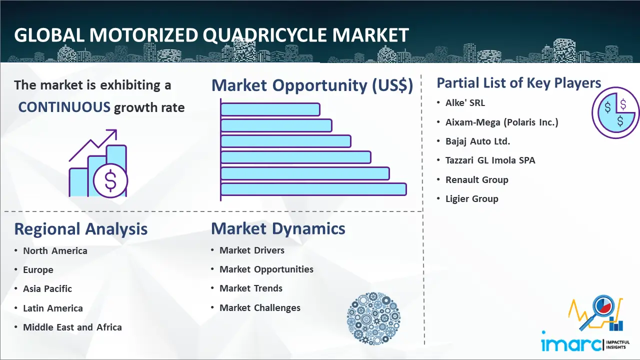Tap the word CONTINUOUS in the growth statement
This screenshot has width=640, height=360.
point(64,107)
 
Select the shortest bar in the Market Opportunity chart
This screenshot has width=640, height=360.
point(270,109)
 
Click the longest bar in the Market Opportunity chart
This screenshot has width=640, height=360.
point(313,189)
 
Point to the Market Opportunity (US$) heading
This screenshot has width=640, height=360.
point(312,85)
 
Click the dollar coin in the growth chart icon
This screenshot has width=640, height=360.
point(110,181)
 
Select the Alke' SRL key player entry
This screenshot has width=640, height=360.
point(465,102)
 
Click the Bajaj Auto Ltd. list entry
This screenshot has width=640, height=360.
point(477,141)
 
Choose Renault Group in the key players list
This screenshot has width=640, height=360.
point(477,179)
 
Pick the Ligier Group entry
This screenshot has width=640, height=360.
point(471,198)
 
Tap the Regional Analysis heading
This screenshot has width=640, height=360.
point(81,229)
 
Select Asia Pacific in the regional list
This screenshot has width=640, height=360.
point(47,289)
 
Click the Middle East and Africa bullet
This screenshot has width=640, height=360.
point(72,327)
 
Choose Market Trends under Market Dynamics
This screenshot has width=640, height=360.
point(251,288)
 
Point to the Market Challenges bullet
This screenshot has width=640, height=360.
point(260,307)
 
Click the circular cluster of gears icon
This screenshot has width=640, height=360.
point(373,318)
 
